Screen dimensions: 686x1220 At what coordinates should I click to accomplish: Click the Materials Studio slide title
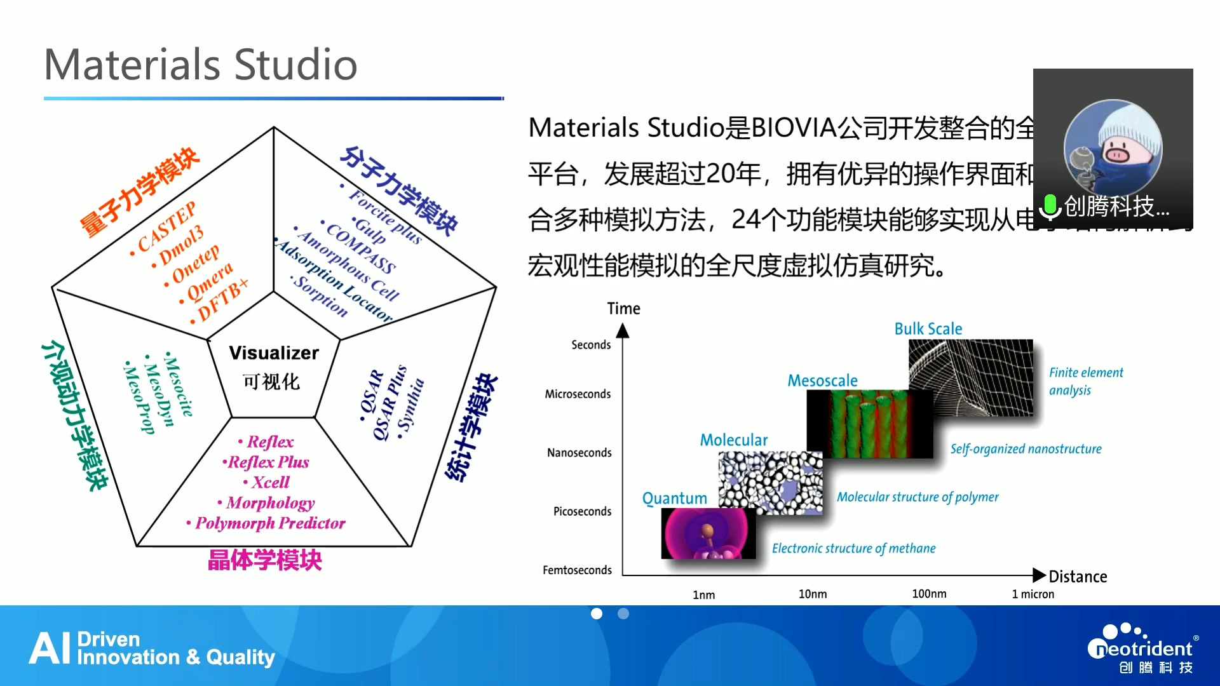click(x=201, y=65)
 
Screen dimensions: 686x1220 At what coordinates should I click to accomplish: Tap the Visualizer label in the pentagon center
click(x=274, y=353)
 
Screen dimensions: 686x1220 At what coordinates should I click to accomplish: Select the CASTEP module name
click(x=167, y=227)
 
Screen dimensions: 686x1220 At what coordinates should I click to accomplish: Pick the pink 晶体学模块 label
click(x=265, y=560)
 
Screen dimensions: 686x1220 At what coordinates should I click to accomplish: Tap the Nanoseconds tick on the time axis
click(x=579, y=453)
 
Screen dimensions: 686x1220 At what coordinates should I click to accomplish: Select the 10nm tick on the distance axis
click(x=813, y=594)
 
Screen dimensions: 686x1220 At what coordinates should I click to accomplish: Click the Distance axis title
click(x=1078, y=577)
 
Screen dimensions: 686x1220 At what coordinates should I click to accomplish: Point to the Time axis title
click(x=623, y=309)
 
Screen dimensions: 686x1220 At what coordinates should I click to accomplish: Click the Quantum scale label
click(x=674, y=499)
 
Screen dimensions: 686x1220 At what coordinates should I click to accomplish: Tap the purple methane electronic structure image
click(x=708, y=534)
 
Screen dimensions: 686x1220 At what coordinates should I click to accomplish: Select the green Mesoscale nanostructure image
click(x=869, y=424)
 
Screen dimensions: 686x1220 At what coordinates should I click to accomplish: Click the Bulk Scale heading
click(x=928, y=329)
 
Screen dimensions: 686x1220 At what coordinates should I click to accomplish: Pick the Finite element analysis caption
click(x=1085, y=381)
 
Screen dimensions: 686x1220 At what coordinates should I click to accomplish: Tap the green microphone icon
click(x=1050, y=206)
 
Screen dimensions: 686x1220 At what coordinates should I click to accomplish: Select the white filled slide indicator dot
click(x=597, y=614)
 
